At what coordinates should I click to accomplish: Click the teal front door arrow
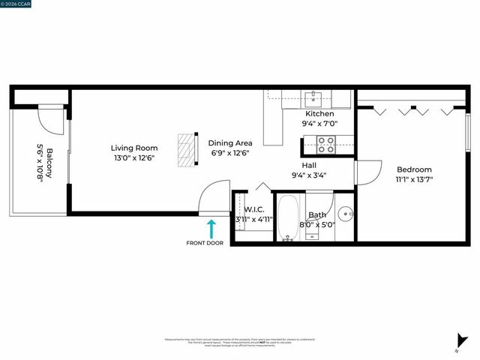pyautogui.click(x=211, y=228)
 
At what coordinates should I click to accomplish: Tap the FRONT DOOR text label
pyautogui.click(x=205, y=243)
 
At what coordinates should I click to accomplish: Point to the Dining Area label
pyautogui.click(x=229, y=142)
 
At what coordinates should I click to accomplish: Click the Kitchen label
pyautogui.click(x=319, y=114)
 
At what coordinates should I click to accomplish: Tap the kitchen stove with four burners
pyautogui.click(x=327, y=142)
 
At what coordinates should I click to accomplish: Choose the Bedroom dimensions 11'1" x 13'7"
pyautogui.click(x=415, y=179)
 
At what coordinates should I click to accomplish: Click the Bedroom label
pyautogui.click(x=415, y=169)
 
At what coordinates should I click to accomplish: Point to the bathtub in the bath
pyautogui.click(x=289, y=219)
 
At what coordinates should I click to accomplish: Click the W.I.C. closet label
pyautogui.click(x=253, y=210)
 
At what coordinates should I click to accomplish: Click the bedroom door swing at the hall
pyautogui.click(x=364, y=173)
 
